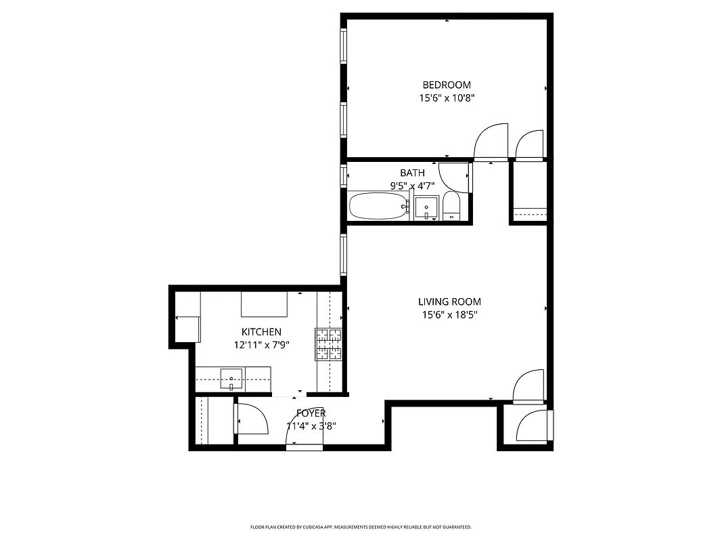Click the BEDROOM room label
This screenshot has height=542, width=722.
pyautogui.click(x=447, y=85)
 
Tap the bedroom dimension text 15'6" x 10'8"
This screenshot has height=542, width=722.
pyautogui.click(x=447, y=98)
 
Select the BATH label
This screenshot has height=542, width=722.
pyautogui.click(x=412, y=173)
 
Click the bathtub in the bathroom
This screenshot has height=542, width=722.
pyautogui.click(x=378, y=206)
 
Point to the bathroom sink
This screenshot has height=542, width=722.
pyautogui.click(x=426, y=207)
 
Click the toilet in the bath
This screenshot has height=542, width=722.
pyautogui.click(x=451, y=206)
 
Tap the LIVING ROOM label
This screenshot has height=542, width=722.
pyautogui.click(x=449, y=301)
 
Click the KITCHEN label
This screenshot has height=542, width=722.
pyautogui.click(x=261, y=332)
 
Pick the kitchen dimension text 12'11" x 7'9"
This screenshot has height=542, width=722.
pyautogui.click(x=261, y=345)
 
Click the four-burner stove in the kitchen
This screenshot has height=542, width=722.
pyautogui.click(x=328, y=343)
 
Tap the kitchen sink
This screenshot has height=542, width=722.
pyautogui.click(x=231, y=379)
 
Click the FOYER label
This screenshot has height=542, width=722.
pyautogui.click(x=311, y=413)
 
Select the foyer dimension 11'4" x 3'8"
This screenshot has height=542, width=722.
pyautogui.click(x=311, y=426)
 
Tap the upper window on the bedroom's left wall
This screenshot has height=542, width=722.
pyautogui.click(x=343, y=45)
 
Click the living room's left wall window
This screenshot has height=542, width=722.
pyautogui.click(x=343, y=254)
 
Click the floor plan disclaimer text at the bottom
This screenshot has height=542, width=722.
pyautogui.click(x=361, y=526)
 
